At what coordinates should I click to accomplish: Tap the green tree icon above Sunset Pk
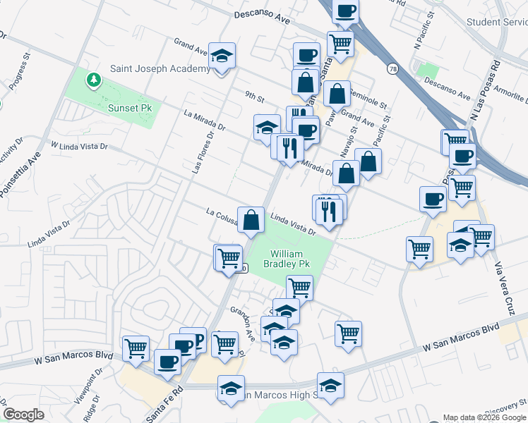click(93, 80)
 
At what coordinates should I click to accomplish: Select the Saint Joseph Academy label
click(160, 69)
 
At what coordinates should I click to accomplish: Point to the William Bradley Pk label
click(287, 259)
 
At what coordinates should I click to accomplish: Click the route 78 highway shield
click(392, 69)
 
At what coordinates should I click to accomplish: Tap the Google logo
click(23, 415)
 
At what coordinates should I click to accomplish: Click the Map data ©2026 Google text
click(484, 417)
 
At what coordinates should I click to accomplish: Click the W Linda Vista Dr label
click(79, 146)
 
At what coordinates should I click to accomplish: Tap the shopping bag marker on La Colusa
click(251, 220)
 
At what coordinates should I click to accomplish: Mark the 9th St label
click(254, 94)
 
